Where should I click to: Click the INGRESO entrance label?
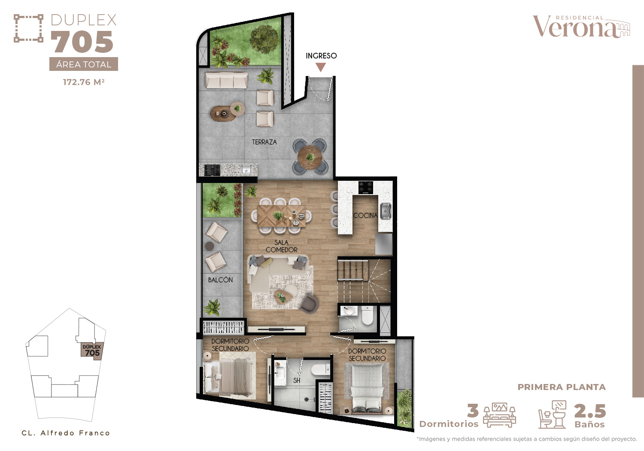click(321, 56)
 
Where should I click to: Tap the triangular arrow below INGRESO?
click(321, 67)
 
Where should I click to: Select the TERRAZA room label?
click(264, 142)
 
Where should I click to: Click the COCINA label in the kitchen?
click(365, 215)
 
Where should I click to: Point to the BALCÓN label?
click(220, 280)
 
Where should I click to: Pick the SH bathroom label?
click(297, 381)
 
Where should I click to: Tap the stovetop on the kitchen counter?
click(365, 188)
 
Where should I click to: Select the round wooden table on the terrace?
click(310, 158)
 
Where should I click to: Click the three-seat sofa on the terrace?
click(226, 80)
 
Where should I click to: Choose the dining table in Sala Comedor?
click(282, 216)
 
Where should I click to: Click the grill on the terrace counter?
click(212, 170)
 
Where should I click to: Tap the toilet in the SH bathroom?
click(322, 369)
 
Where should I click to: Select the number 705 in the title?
click(82, 42)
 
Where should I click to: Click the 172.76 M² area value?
click(84, 82)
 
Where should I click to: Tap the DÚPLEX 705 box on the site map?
click(92, 350)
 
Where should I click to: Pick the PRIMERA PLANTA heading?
click(562, 387)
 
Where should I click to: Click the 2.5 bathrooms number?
click(590, 411)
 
